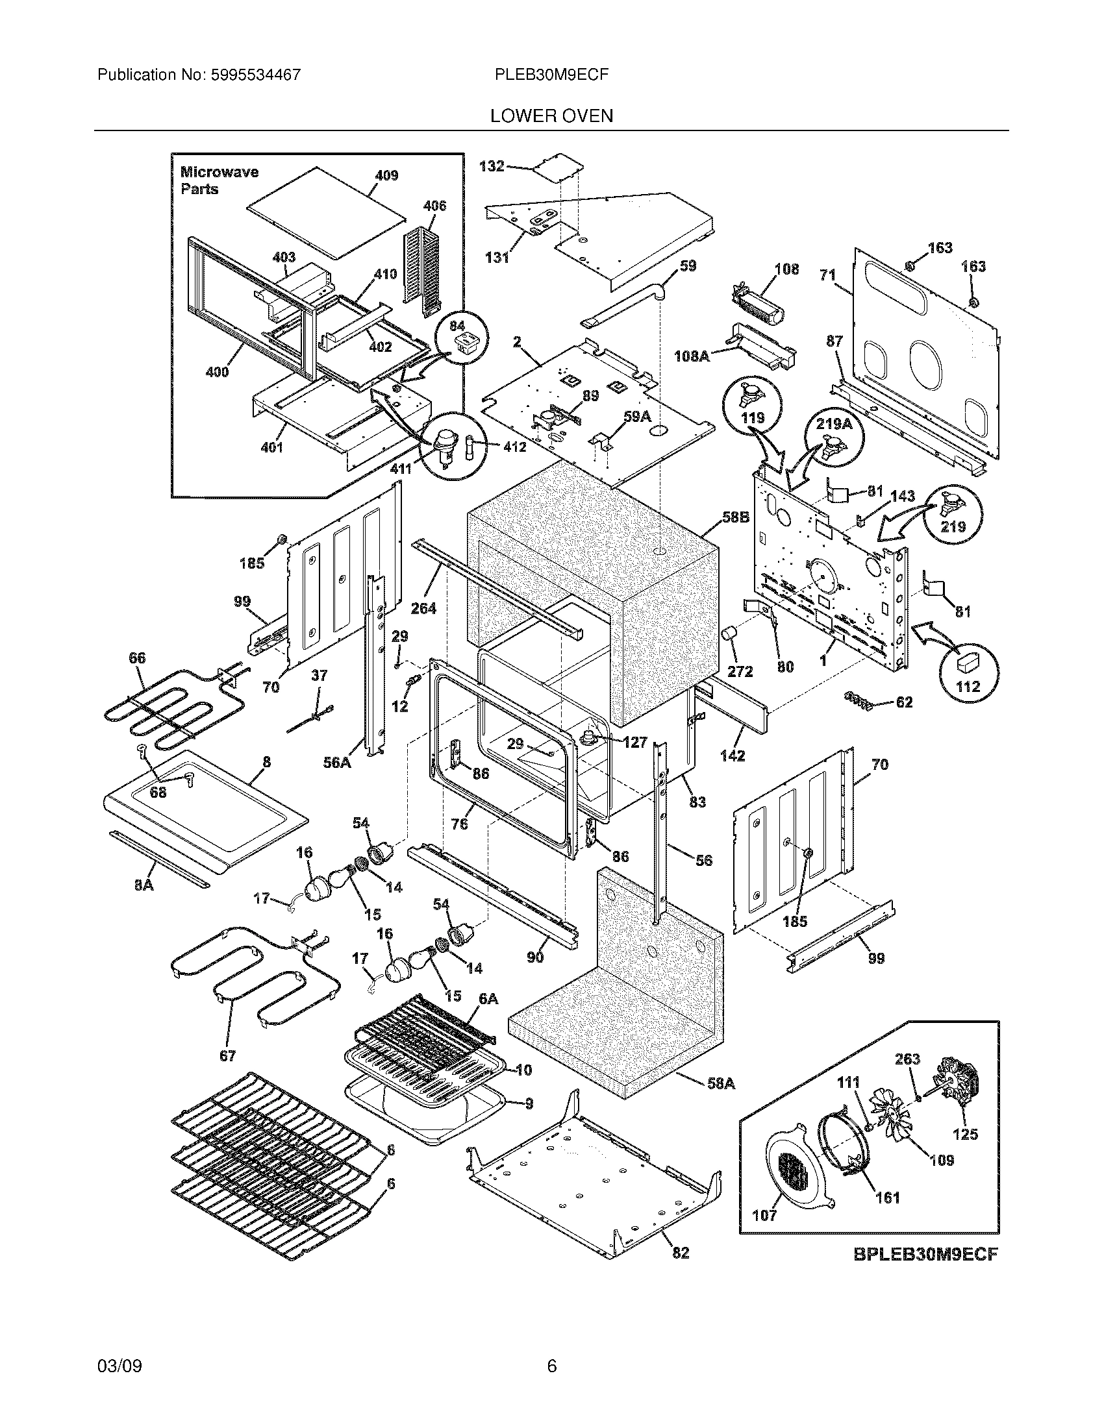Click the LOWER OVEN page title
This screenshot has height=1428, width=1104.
click(551, 116)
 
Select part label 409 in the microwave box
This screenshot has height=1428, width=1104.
click(386, 175)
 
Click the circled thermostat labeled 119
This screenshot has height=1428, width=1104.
click(753, 406)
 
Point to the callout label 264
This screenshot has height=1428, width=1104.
click(423, 608)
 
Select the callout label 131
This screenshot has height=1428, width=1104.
click(497, 258)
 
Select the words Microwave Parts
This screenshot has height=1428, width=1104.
click(218, 180)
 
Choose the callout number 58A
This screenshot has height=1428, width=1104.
click(721, 1083)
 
